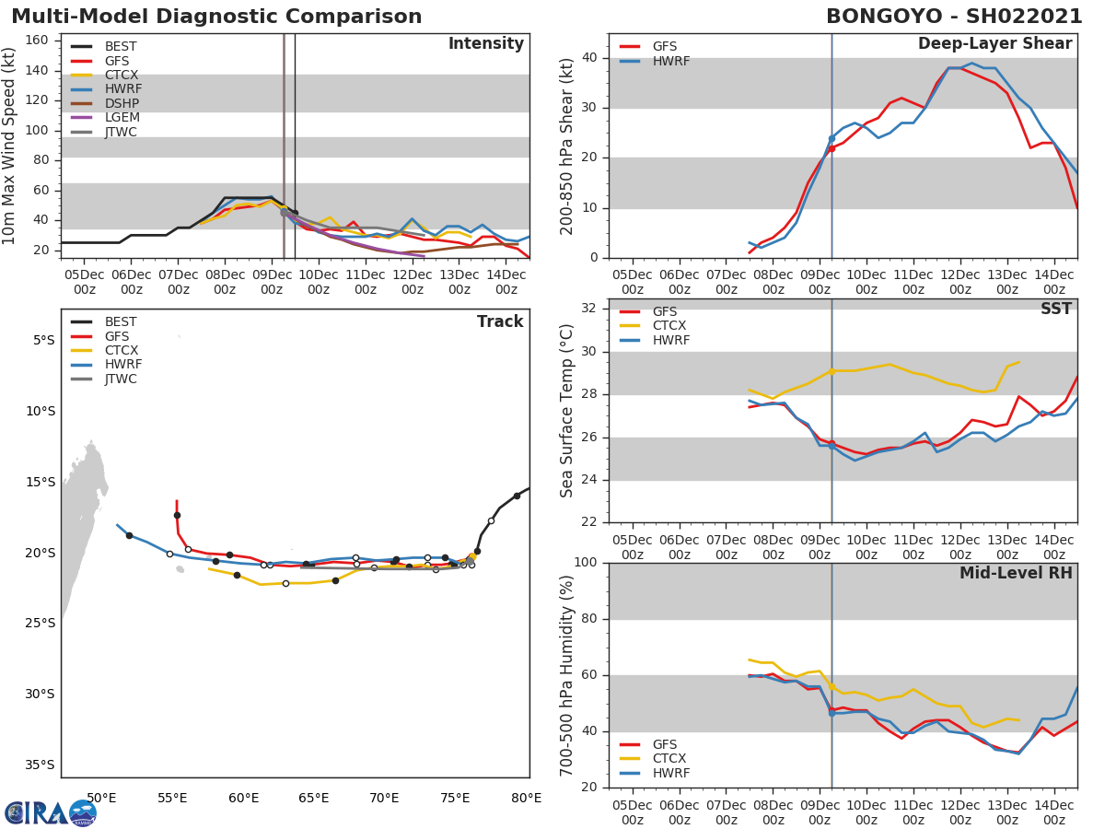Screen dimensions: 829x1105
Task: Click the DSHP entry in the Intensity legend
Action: click(x=120, y=103)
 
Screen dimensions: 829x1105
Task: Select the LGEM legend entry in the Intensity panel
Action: click(x=120, y=118)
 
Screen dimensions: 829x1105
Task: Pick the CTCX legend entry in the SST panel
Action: click(x=669, y=326)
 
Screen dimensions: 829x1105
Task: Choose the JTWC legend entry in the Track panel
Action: click(x=121, y=379)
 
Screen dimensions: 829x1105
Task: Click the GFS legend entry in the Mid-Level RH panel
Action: click(x=669, y=744)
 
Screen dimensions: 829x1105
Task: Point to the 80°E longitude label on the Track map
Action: click(x=526, y=798)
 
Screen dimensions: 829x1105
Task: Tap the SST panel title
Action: click(x=1056, y=309)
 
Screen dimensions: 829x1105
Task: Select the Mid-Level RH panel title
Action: click(x=1016, y=574)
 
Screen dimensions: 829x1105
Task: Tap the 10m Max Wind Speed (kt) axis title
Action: click(x=10, y=146)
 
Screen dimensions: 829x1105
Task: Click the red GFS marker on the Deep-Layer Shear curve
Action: click(x=832, y=148)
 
